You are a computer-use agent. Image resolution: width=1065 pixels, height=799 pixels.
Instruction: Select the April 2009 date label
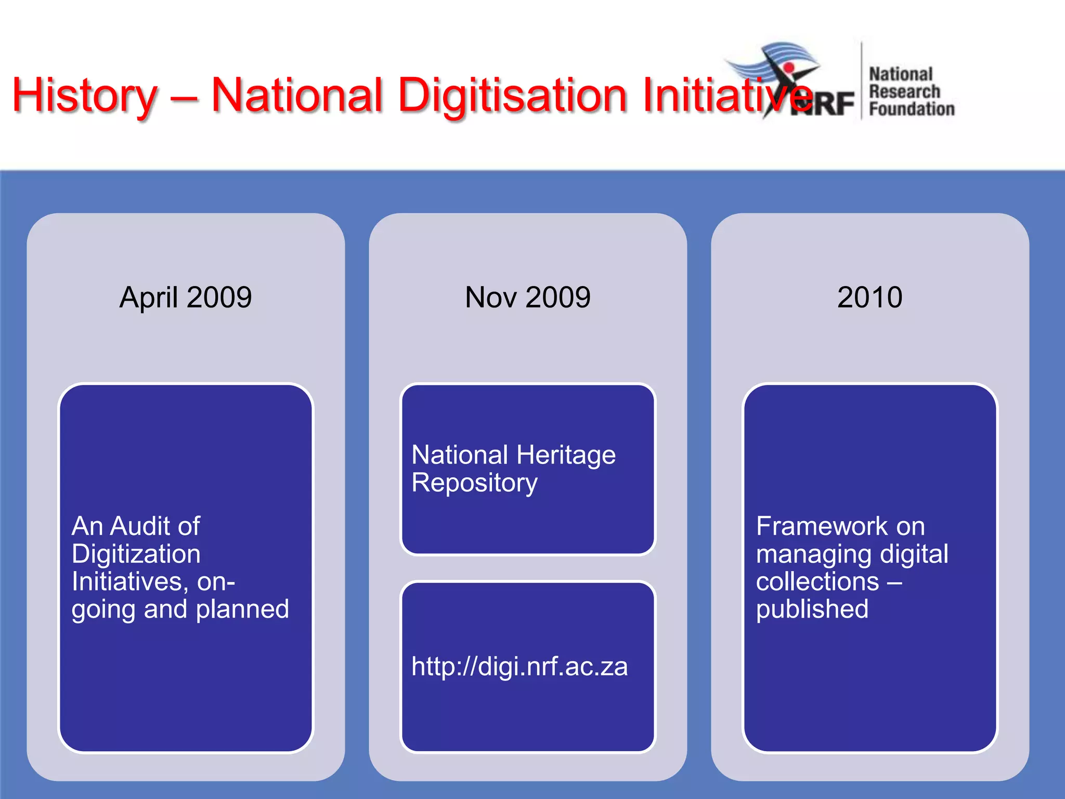(x=186, y=298)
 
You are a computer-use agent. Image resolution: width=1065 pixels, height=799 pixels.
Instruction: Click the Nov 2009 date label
(x=528, y=298)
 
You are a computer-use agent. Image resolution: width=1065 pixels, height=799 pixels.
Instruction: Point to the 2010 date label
(x=869, y=298)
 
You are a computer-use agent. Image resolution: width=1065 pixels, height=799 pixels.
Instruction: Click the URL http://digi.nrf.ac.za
(x=519, y=666)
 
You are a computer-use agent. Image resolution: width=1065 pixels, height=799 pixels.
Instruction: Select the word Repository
(x=474, y=483)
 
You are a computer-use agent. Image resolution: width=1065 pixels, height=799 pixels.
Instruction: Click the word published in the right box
(x=812, y=609)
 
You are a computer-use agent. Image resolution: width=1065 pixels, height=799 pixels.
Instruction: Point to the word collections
(x=817, y=581)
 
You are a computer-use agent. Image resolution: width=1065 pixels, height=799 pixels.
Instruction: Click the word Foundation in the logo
(x=912, y=109)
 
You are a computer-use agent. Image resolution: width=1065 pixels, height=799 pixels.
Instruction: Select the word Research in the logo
(x=904, y=92)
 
